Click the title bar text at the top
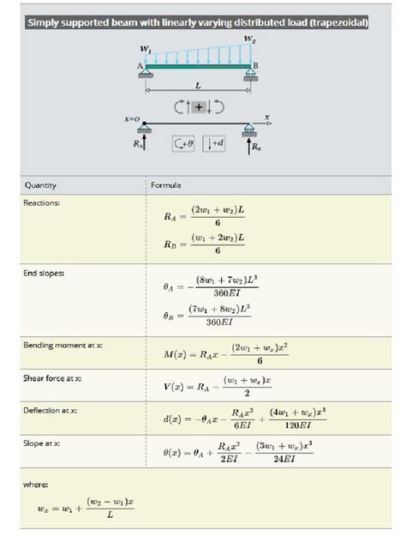[x=197, y=23]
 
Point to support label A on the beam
[x=139, y=66]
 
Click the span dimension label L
[x=198, y=86]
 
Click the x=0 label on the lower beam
[x=132, y=118]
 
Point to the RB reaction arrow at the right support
[x=250, y=144]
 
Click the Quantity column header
[x=40, y=184]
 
